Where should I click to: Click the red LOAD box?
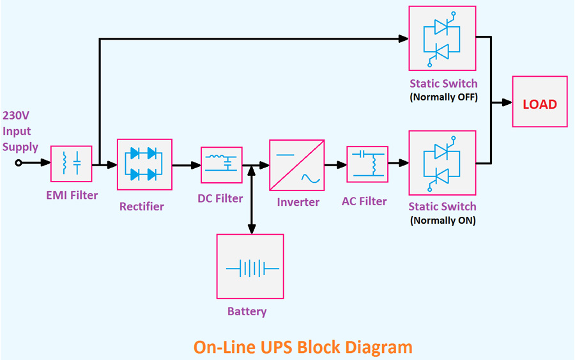(539, 102)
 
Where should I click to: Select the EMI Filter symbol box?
(71, 164)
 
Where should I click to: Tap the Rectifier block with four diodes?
(144, 164)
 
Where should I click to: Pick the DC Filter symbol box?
(222, 164)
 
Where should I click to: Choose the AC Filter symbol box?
(367, 164)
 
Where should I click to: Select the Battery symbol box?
(250, 266)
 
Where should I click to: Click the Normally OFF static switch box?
(443, 39)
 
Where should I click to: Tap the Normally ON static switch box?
(443, 163)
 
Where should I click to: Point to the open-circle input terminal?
(19, 163)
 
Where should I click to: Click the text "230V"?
(16, 116)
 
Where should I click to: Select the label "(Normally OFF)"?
(443, 98)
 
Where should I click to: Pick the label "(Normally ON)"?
(443, 221)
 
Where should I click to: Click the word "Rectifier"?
(141, 207)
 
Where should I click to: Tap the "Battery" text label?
(247, 312)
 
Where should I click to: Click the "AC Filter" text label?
(364, 201)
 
